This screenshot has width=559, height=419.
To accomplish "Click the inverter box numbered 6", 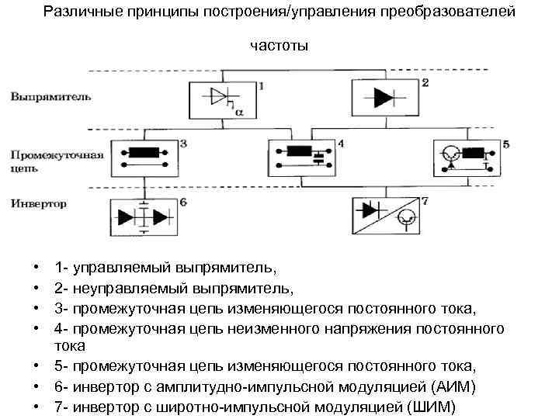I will click(144, 218).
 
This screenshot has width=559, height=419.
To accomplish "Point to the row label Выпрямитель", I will click(51, 97).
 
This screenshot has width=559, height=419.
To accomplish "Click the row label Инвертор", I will click(39, 204).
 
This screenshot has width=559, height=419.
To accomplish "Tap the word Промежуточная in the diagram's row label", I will click(57, 154).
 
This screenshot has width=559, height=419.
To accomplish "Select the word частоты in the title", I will click(279, 46).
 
